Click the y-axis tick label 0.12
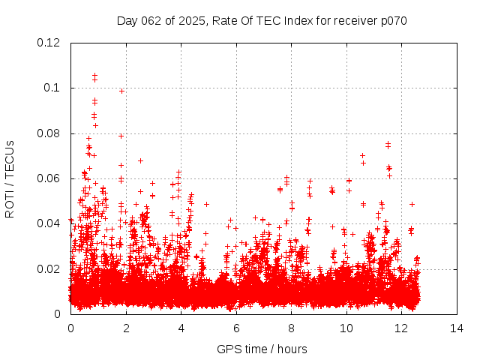tap(50, 43)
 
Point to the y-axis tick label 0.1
tap(53, 88)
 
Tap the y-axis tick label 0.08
tap(50, 133)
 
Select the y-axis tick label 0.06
tap(50, 178)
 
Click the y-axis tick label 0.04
tap(50, 223)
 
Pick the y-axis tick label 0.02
tap(50, 269)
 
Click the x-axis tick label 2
tap(126, 328)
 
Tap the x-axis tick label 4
tap(181, 328)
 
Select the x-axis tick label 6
tap(236, 328)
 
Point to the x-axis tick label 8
tap(292, 328)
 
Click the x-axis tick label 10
tap(346, 328)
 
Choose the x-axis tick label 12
tap(402, 328)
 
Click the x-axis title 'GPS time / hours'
tap(262, 349)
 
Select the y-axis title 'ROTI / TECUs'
tap(10, 178)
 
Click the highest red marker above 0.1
tap(94, 75)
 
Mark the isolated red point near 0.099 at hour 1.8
tap(121, 91)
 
